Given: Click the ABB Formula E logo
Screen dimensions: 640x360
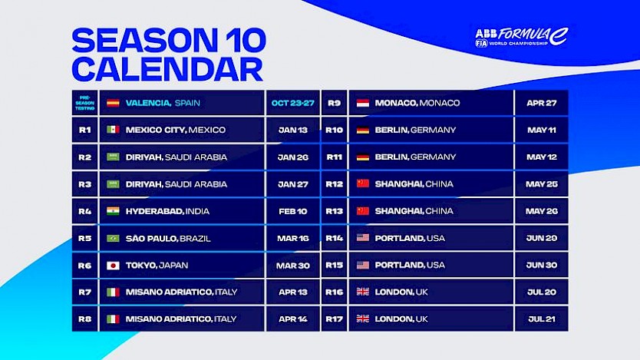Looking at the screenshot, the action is coord(522,37).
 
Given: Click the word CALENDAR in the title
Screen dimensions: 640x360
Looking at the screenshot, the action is coord(167,69).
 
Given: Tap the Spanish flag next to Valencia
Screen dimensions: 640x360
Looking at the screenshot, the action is coord(113,103).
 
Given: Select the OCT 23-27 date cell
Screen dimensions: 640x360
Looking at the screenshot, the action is coord(292,103).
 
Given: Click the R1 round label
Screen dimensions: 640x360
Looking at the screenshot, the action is coord(85,130).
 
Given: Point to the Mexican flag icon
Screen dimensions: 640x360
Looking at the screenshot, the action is coord(113,130).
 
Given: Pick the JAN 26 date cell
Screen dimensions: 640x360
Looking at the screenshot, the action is coord(292,157).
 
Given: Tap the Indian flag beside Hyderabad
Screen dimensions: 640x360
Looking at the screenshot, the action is coord(113,211).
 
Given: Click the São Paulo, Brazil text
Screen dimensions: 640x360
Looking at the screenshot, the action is coord(168,239).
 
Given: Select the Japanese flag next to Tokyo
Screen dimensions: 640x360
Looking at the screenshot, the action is coord(113,266).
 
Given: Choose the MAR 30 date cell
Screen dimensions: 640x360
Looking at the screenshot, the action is coord(292,266).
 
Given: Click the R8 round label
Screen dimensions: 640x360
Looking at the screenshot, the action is coord(85,319).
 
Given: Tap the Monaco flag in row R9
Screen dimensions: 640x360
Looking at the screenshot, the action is coord(363,103).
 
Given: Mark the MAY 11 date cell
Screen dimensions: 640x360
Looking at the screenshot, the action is coord(542,130).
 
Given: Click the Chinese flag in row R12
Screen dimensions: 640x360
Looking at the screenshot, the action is coord(363,183).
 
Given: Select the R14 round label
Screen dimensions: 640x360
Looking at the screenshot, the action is coord(335,238).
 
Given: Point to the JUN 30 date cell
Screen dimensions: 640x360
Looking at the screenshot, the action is coord(542,266).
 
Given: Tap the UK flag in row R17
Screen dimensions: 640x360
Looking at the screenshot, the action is coord(363,319).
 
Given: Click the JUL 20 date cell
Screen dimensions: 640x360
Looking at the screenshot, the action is coord(542,292).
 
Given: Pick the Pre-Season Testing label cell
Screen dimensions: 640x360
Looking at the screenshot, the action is coord(85,103).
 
